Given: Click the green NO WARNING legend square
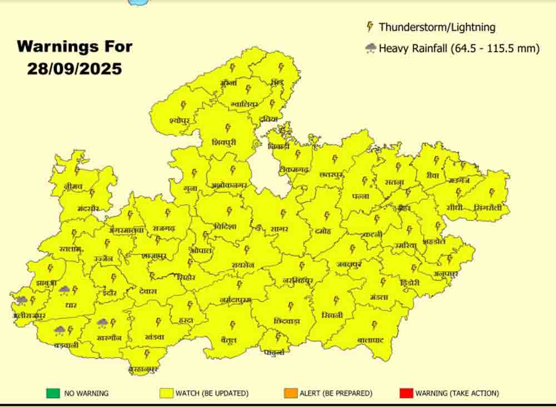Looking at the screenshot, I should click(53, 393).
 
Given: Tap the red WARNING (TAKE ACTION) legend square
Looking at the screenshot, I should click(405, 393).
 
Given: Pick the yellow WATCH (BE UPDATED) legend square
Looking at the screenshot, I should click(165, 393).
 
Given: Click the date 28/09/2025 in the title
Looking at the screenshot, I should click(75, 68).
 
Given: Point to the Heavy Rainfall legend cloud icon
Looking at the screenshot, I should click(371, 48).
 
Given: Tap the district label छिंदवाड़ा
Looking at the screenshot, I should click(288, 320).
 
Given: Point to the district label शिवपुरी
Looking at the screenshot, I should click(224, 142).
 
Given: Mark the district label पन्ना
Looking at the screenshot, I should click(361, 195).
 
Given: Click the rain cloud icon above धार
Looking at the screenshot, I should click(64, 289).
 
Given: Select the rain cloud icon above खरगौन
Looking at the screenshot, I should click(102, 322).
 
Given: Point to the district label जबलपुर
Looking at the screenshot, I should click(349, 264).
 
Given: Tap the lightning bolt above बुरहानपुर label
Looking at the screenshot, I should click(147, 353).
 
